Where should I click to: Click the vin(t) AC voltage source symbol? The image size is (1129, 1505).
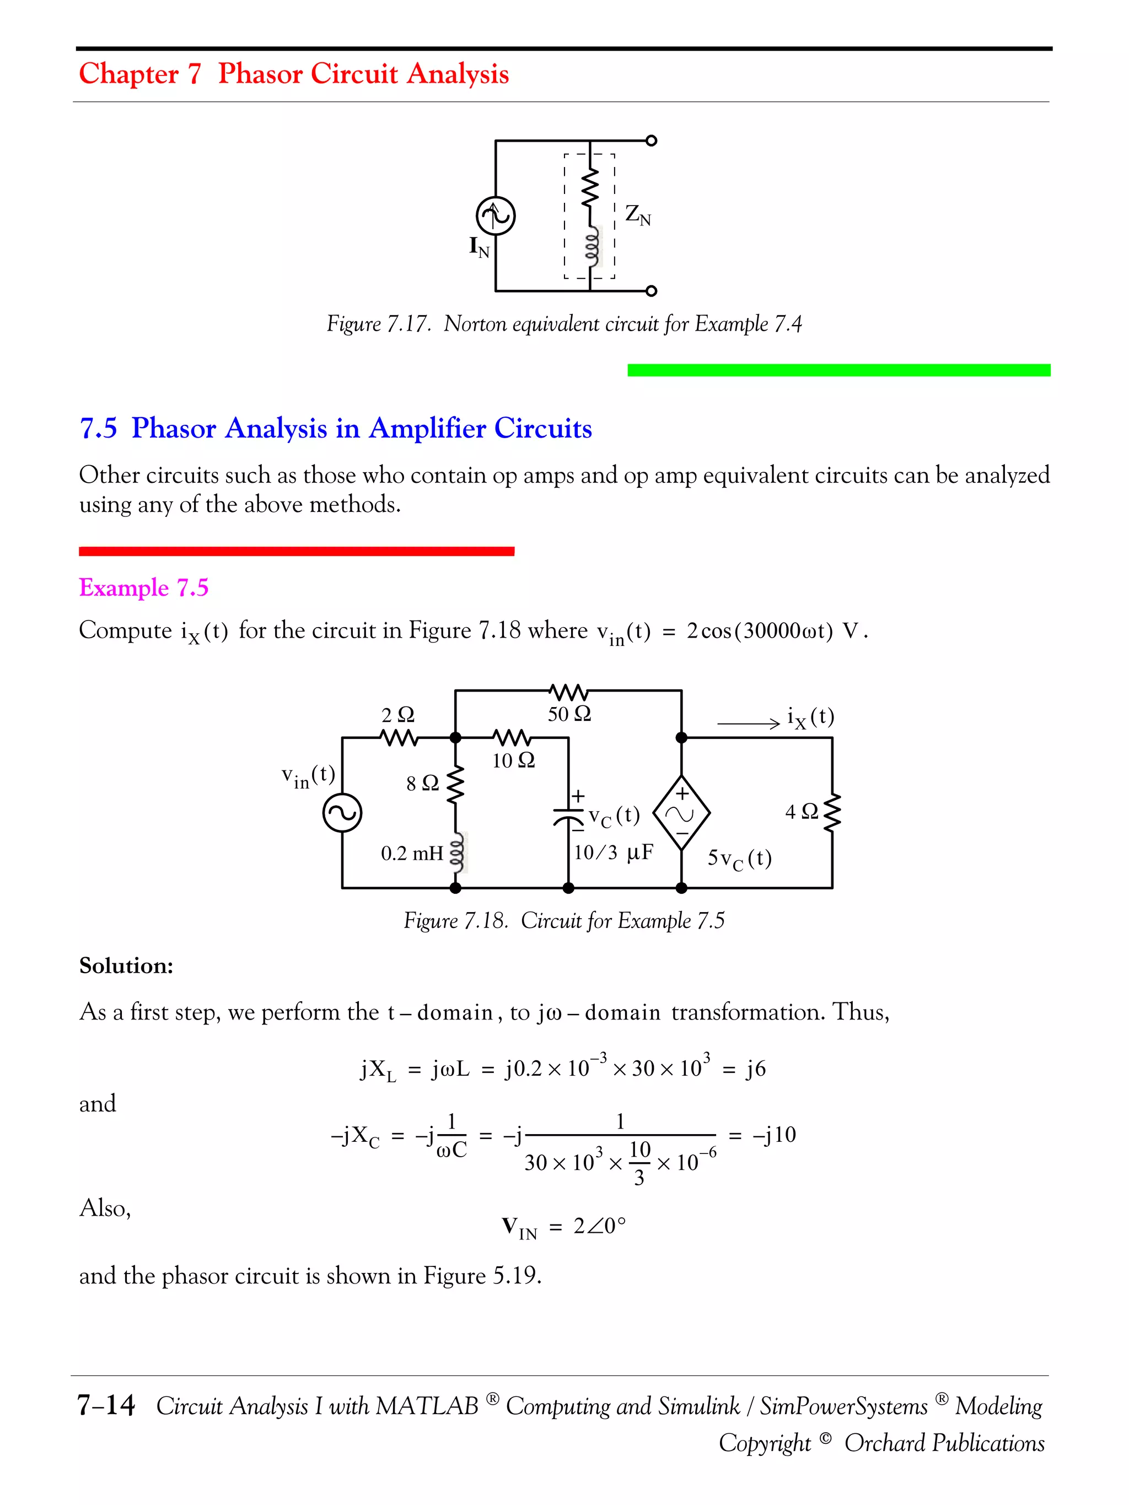coord(342,813)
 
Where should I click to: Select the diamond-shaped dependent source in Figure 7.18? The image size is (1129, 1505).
coord(681,812)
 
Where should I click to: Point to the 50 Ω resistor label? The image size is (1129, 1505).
coord(569,714)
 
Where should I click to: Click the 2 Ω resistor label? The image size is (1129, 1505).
coord(397,715)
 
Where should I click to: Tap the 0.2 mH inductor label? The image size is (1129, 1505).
coord(412,853)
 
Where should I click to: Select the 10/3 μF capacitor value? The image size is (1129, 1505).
coord(613,853)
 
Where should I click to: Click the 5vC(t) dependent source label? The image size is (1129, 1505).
coord(740,859)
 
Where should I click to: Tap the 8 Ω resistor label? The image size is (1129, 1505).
coord(422,783)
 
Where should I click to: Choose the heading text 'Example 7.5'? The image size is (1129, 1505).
coord(143,587)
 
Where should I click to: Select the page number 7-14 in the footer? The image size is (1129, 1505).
coord(106,1405)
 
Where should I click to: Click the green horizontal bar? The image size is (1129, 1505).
coord(838,370)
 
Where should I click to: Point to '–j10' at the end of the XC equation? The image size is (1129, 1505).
coord(774,1134)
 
